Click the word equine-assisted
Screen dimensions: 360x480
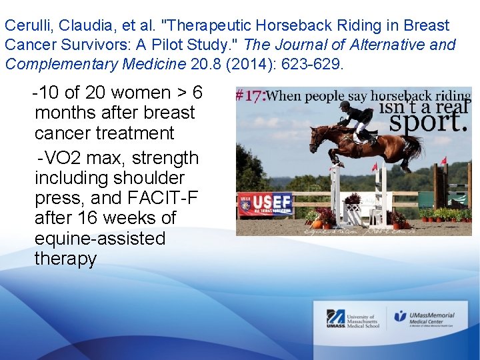point(100,238)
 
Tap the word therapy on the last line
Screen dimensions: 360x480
point(65,258)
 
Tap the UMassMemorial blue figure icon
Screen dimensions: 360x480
point(401,316)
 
